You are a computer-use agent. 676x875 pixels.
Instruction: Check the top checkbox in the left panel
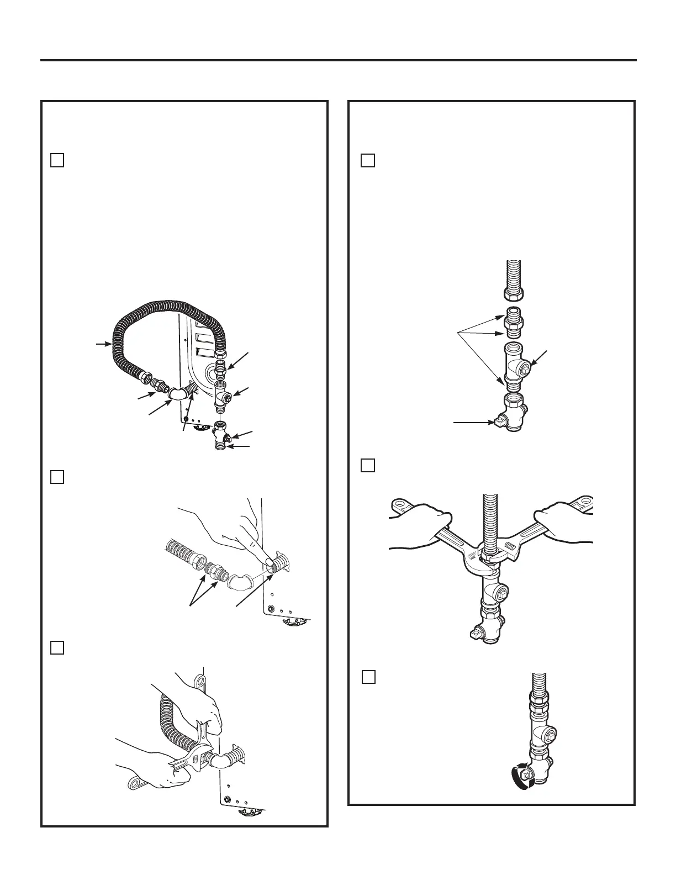coord(57,160)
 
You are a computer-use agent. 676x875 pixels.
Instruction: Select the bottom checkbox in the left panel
coord(57,648)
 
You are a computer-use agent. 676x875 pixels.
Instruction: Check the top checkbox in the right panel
coord(368,160)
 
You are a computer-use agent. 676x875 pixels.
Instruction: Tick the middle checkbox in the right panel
coord(368,466)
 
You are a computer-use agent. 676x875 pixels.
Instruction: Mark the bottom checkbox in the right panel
coord(369,677)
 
